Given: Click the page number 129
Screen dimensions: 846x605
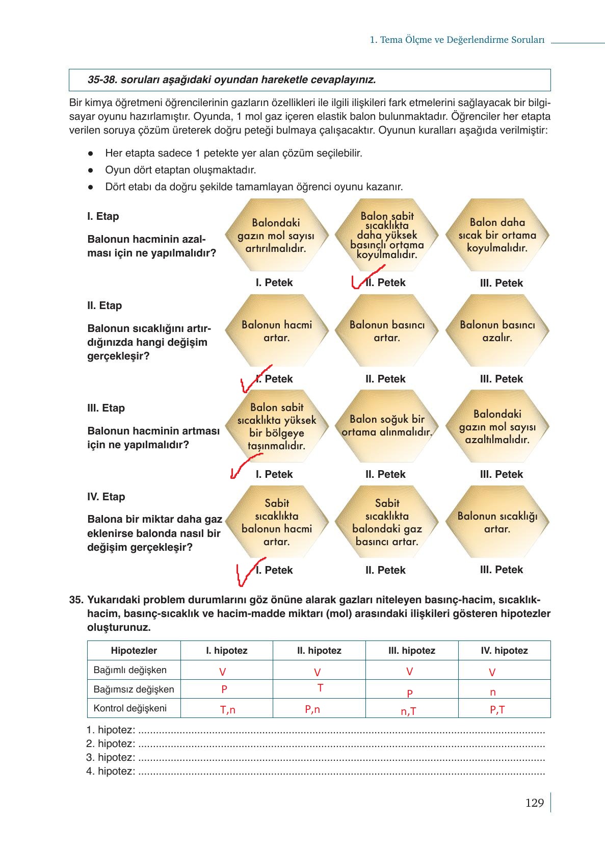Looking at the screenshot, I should tap(534, 803).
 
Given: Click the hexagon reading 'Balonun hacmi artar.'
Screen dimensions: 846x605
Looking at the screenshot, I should tap(276, 331).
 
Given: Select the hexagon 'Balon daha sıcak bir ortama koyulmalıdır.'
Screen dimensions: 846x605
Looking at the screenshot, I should tap(497, 235).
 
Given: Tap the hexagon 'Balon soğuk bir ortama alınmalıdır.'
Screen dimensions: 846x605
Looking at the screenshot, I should tap(387, 426).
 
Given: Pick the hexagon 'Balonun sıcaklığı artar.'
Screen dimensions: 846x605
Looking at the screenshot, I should tap(497, 522).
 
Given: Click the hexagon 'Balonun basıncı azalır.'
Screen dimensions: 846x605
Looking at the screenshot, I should tap(497, 331).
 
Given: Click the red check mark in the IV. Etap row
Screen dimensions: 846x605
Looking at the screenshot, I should tap(247, 572).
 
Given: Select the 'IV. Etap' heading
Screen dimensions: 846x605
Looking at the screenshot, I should tap(106, 497).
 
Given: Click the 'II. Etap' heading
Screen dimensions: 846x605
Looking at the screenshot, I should tap(104, 305).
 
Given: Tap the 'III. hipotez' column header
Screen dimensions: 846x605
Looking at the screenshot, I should tap(411, 650).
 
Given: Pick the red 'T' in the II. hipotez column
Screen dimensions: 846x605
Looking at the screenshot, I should tap(320, 688).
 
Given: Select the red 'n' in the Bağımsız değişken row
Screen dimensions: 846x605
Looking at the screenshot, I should tap(492, 693).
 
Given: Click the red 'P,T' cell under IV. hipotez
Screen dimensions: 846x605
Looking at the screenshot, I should tap(497, 709).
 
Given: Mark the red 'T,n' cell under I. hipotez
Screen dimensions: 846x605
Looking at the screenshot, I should tap(227, 709).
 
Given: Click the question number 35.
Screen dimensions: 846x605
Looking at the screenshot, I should tap(76, 600).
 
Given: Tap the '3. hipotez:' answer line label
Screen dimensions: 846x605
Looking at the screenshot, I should tap(111, 757).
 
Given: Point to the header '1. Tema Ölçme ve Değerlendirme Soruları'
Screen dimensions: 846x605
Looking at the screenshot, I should tap(457, 40).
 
